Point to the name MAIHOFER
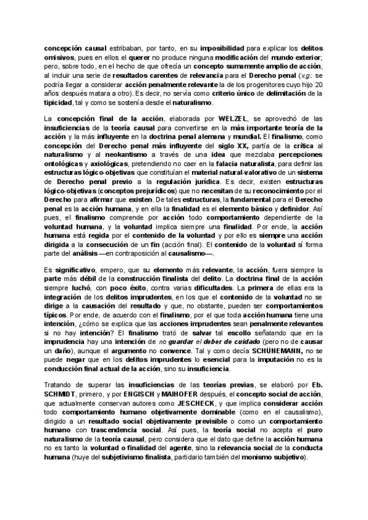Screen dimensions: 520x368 [x=186, y=403]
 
